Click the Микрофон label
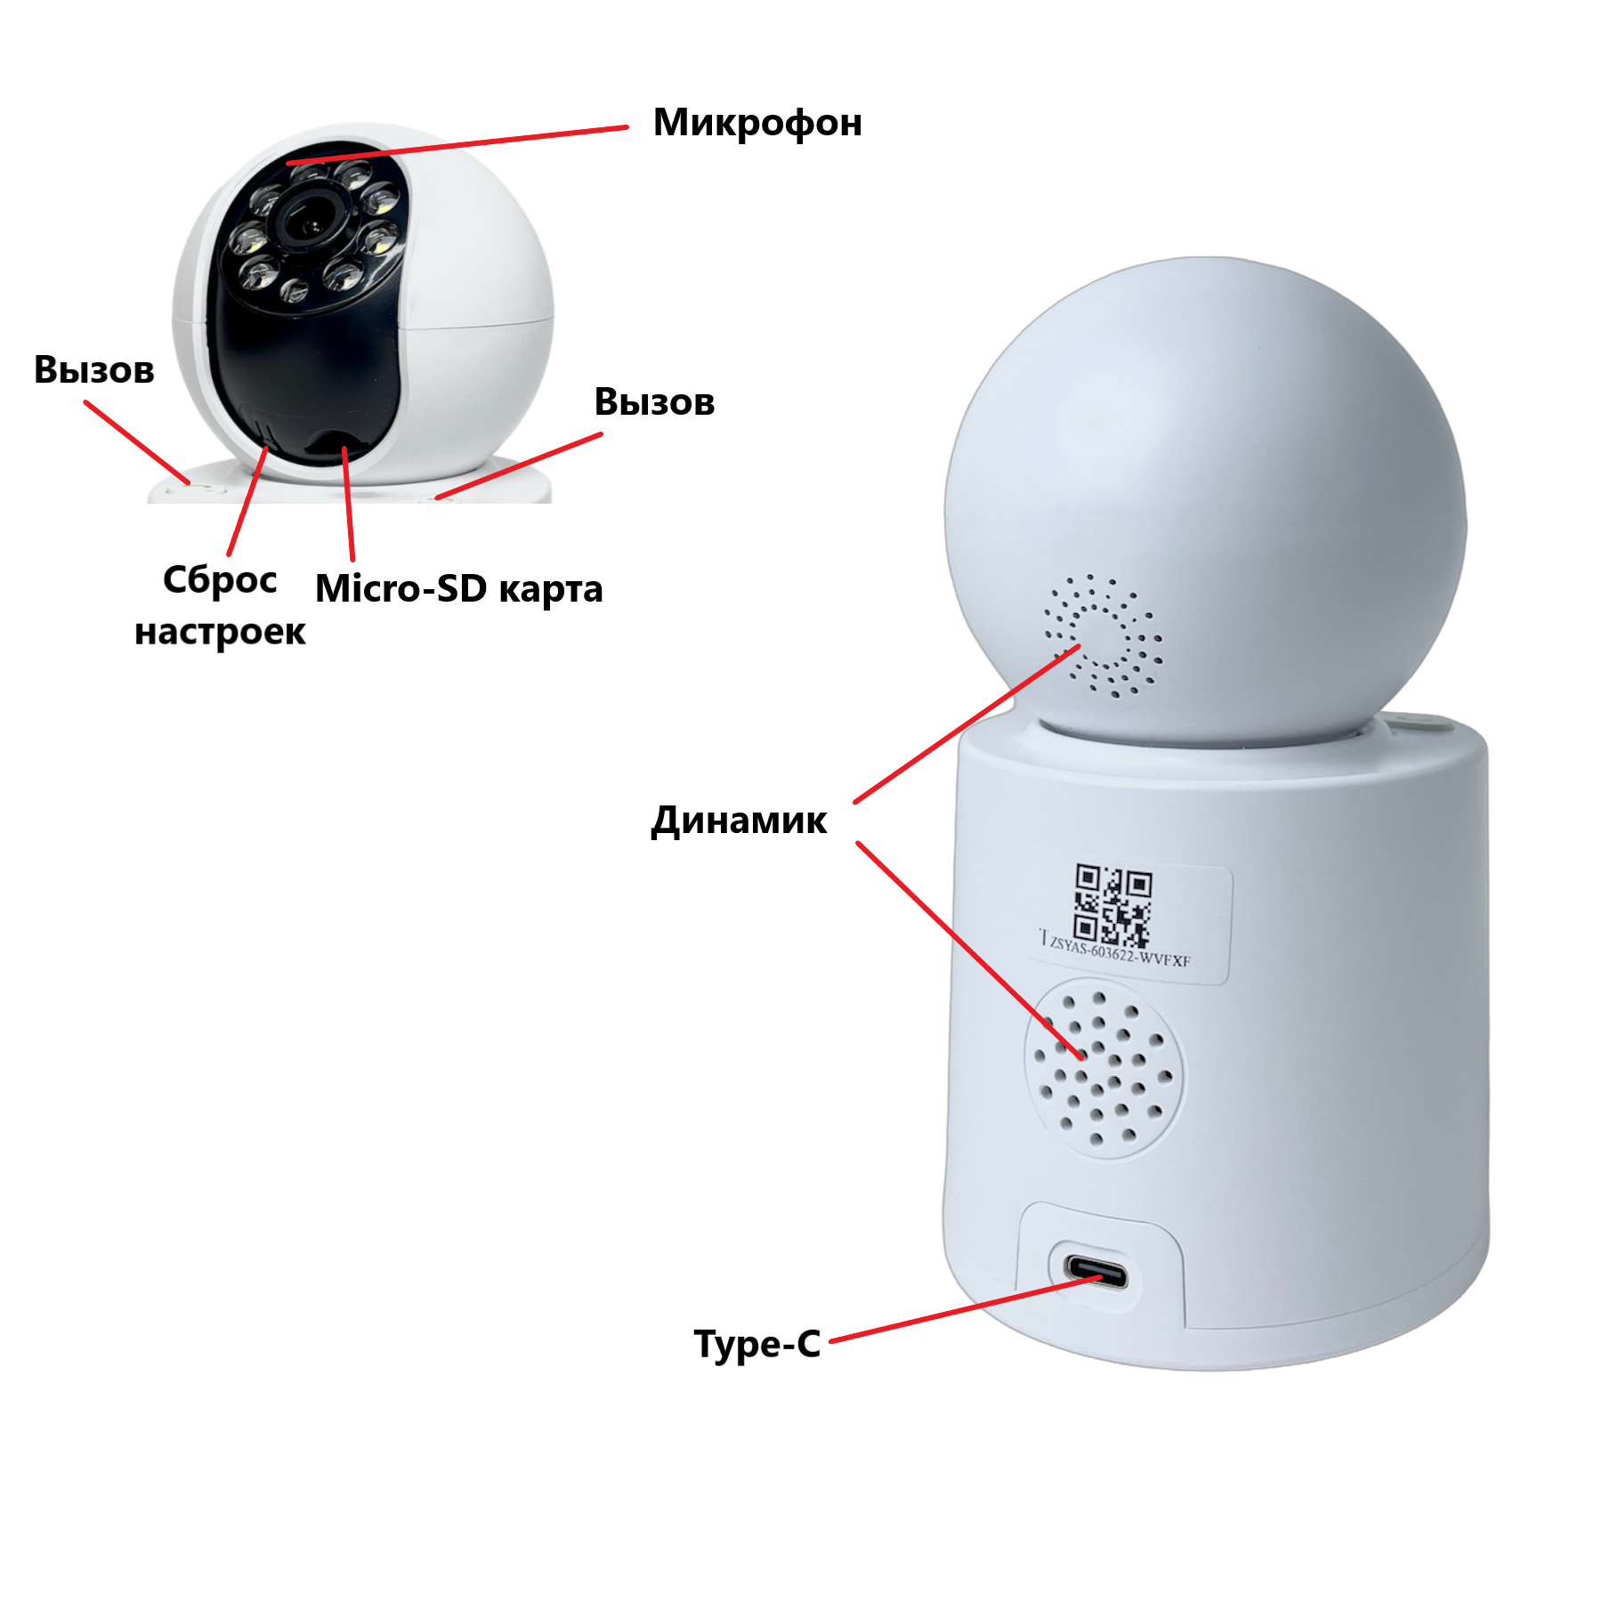757,124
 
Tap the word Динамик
739,821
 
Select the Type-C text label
756,1344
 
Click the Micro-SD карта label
458,589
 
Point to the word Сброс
220,580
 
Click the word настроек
220,632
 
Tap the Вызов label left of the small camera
94,370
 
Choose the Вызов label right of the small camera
654,402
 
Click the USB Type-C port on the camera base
1096,1272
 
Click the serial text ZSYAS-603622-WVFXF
1119,950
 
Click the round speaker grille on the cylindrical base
1104,1068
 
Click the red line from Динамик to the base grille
970,951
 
